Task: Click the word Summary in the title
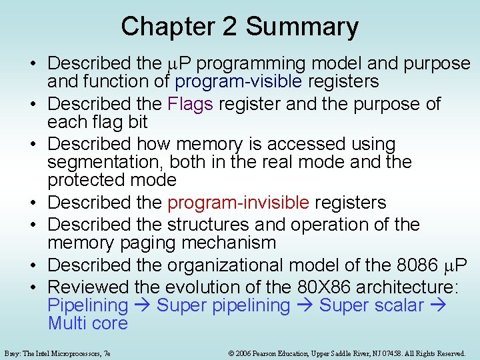tap(302, 27)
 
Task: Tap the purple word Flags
tap(190, 104)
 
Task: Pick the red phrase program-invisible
tap(238, 202)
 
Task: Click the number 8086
tap(417, 265)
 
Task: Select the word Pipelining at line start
tap(87, 305)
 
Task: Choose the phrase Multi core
tap(87, 323)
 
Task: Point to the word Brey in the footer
tap(11, 353)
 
